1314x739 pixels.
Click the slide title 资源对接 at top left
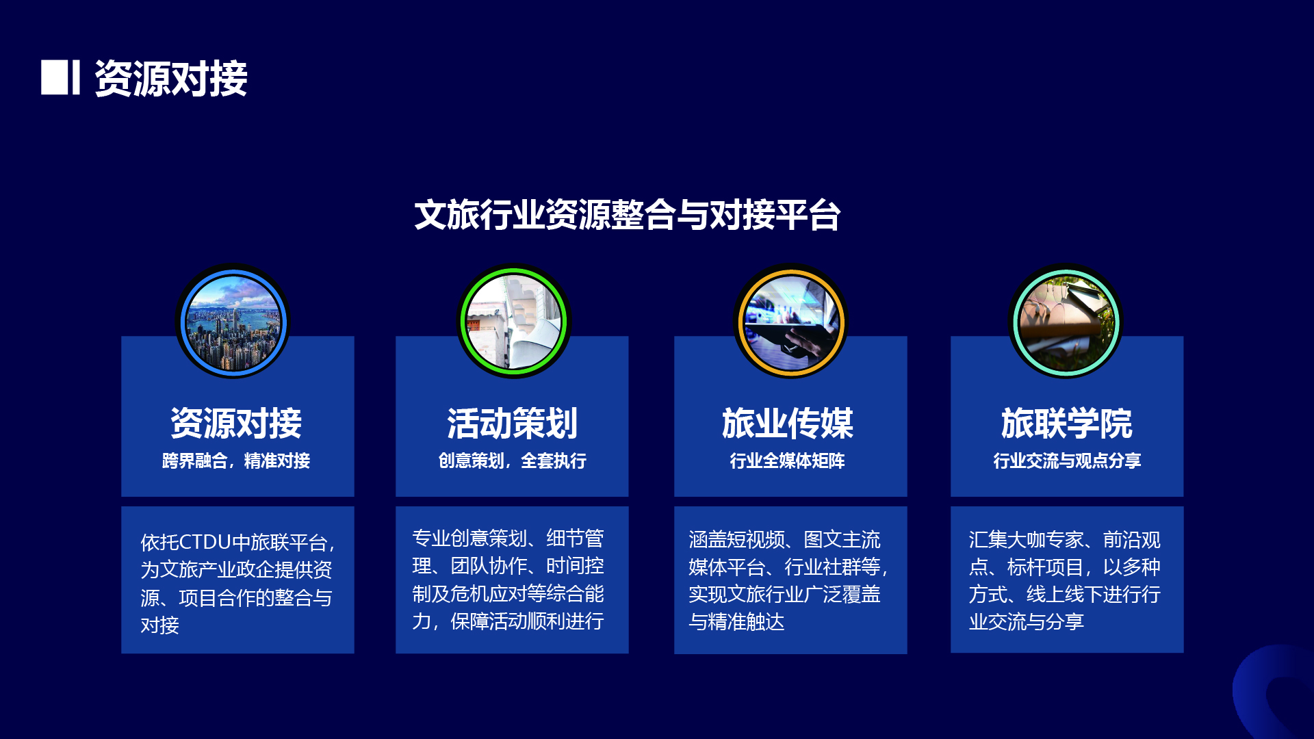pos(171,78)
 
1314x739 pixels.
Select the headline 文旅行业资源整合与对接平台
pos(627,215)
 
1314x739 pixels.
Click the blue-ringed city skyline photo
pos(233,321)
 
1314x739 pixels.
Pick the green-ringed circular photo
pos(513,321)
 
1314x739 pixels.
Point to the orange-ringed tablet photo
pos(791,321)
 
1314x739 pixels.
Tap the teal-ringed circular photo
pos(1066,321)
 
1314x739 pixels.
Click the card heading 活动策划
pos(513,423)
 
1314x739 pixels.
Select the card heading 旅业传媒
pos(788,423)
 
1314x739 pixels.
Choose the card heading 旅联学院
pos(1066,423)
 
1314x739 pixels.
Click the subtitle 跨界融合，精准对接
pos(236,461)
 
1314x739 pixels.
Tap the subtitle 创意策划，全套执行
pos(513,461)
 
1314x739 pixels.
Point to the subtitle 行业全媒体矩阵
pos(787,461)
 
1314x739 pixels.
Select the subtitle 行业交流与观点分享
pos(1067,461)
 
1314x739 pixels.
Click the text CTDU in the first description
pos(205,543)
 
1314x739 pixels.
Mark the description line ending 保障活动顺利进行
pos(508,621)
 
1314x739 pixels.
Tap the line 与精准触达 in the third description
pos(736,622)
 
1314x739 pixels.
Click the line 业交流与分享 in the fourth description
pos(1027,622)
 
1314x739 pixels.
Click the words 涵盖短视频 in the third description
pos(736,540)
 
